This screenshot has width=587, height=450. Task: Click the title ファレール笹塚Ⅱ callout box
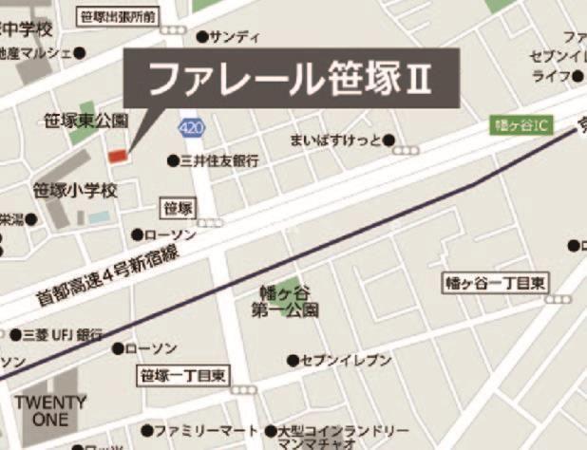pyautogui.click(x=292, y=79)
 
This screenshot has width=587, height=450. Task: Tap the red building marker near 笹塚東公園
pyautogui.click(x=118, y=155)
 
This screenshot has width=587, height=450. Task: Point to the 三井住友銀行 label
pyautogui.click(x=219, y=161)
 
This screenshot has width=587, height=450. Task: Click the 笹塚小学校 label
pyautogui.click(x=75, y=191)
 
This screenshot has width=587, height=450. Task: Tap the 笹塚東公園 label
pyautogui.click(x=85, y=121)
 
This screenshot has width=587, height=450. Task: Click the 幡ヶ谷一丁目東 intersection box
pyautogui.click(x=497, y=283)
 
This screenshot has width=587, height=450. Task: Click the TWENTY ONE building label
pyautogui.click(x=50, y=410)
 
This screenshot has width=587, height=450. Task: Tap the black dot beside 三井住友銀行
pyautogui.click(x=173, y=161)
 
